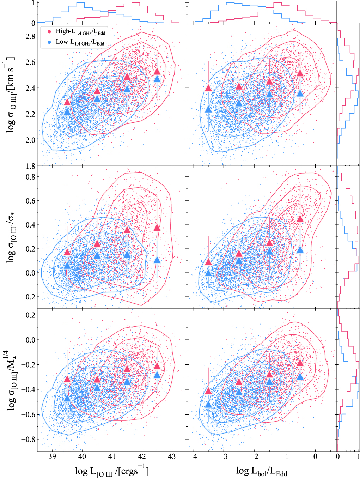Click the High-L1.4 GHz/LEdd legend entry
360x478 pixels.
point(80,32)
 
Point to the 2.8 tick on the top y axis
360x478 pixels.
point(30,36)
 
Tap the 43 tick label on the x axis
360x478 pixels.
point(172,456)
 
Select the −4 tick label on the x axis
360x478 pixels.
point(193,456)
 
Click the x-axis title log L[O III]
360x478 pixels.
point(112,471)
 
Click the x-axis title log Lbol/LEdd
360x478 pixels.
point(262,471)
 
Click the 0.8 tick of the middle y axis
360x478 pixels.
point(30,177)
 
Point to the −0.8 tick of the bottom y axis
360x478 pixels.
point(28,440)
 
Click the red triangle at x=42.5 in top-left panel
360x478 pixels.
point(157,71)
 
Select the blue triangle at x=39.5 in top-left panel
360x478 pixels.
point(67,112)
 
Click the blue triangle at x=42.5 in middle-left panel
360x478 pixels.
point(157,260)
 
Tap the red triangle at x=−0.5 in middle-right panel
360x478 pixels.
point(300,219)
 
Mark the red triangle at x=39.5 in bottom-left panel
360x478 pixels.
point(67,379)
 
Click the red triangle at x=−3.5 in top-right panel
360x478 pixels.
point(208,88)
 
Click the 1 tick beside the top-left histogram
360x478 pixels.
point(33,3)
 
